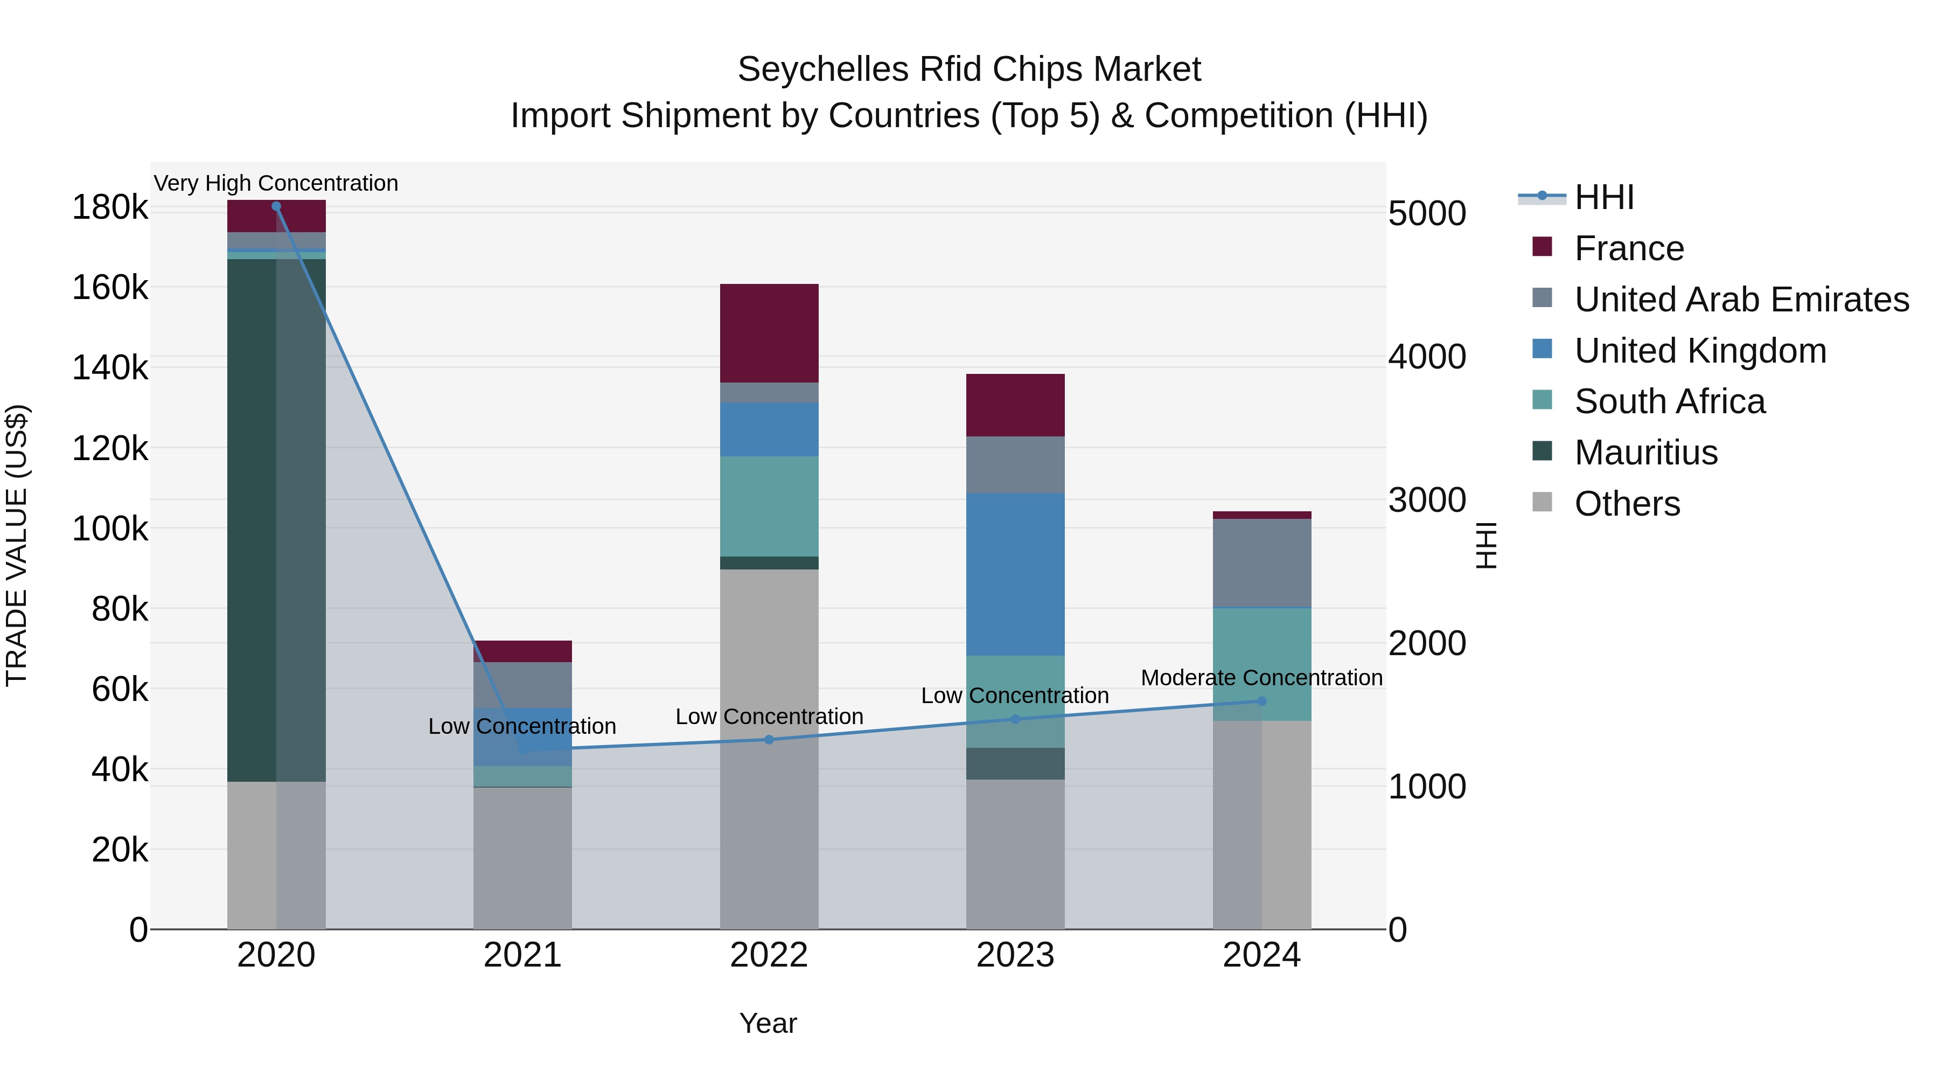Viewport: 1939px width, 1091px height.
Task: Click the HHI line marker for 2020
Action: click(x=276, y=206)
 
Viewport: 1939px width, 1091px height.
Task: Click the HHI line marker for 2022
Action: click(x=769, y=739)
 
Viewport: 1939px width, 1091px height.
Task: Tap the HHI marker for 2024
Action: click(x=1261, y=701)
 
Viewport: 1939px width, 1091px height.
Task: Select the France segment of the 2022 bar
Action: click(x=769, y=333)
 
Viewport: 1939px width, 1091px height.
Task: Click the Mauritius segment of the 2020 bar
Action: click(x=252, y=519)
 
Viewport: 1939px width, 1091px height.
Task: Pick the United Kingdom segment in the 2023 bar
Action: click(x=1015, y=574)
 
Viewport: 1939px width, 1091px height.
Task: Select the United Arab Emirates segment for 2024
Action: click(x=1261, y=562)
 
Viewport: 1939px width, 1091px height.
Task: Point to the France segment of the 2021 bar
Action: click(x=522, y=651)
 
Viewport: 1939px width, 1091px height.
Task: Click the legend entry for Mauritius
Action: click(x=1645, y=453)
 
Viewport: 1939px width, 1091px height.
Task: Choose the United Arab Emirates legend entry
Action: click(x=1741, y=299)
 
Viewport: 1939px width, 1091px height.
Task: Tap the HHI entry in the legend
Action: click(x=1603, y=197)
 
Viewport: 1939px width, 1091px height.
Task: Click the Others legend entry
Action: click(x=1627, y=504)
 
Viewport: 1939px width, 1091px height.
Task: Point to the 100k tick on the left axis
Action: click(x=110, y=529)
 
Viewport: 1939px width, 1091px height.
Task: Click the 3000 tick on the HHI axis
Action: click(x=1426, y=500)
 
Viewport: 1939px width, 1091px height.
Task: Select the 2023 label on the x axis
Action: click(x=1015, y=955)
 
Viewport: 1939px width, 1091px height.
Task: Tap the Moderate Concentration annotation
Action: click(x=1261, y=678)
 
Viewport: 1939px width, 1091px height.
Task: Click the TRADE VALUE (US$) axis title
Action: click(x=17, y=545)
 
